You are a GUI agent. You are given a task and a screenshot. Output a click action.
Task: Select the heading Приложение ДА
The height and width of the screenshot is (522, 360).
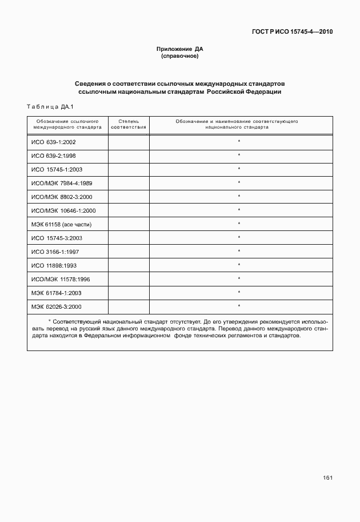click(180, 50)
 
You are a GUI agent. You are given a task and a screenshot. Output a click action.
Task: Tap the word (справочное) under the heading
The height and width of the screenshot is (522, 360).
click(180, 57)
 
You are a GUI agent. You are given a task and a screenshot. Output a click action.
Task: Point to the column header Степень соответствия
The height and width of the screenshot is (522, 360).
click(129, 125)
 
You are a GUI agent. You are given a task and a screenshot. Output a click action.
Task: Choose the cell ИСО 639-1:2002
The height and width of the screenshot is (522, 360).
click(54, 142)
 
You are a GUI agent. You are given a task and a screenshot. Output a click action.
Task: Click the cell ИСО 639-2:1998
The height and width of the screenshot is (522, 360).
click(54, 156)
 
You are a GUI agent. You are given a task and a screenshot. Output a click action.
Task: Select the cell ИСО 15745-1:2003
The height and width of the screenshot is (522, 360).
click(57, 169)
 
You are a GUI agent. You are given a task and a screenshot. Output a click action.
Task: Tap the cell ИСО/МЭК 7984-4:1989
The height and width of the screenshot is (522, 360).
click(62, 183)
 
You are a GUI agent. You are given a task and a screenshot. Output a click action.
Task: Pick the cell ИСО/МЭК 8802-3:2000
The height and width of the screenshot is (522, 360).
click(62, 197)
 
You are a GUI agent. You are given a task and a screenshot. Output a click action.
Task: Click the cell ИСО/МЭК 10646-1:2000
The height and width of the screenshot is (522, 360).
click(63, 210)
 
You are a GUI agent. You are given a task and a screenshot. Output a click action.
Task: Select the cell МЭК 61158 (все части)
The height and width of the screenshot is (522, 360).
click(62, 224)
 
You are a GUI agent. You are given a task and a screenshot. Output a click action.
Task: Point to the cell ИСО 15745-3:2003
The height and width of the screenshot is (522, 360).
click(57, 238)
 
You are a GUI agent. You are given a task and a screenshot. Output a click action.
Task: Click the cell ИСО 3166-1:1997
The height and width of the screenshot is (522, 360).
click(55, 252)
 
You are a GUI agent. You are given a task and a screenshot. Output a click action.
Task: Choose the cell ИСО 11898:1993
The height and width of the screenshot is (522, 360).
click(54, 265)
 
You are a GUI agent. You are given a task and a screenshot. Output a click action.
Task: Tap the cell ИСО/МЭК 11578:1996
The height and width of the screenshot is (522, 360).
click(61, 279)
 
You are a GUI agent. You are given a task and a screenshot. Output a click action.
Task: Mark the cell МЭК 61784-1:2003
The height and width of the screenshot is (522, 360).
click(57, 293)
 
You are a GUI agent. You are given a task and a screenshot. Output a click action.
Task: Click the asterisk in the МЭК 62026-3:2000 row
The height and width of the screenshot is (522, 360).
click(239, 306)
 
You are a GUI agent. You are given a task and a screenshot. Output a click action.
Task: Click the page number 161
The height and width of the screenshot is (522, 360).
click(327, 478)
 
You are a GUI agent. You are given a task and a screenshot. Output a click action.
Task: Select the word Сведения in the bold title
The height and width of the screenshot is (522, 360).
click(91, 83)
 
